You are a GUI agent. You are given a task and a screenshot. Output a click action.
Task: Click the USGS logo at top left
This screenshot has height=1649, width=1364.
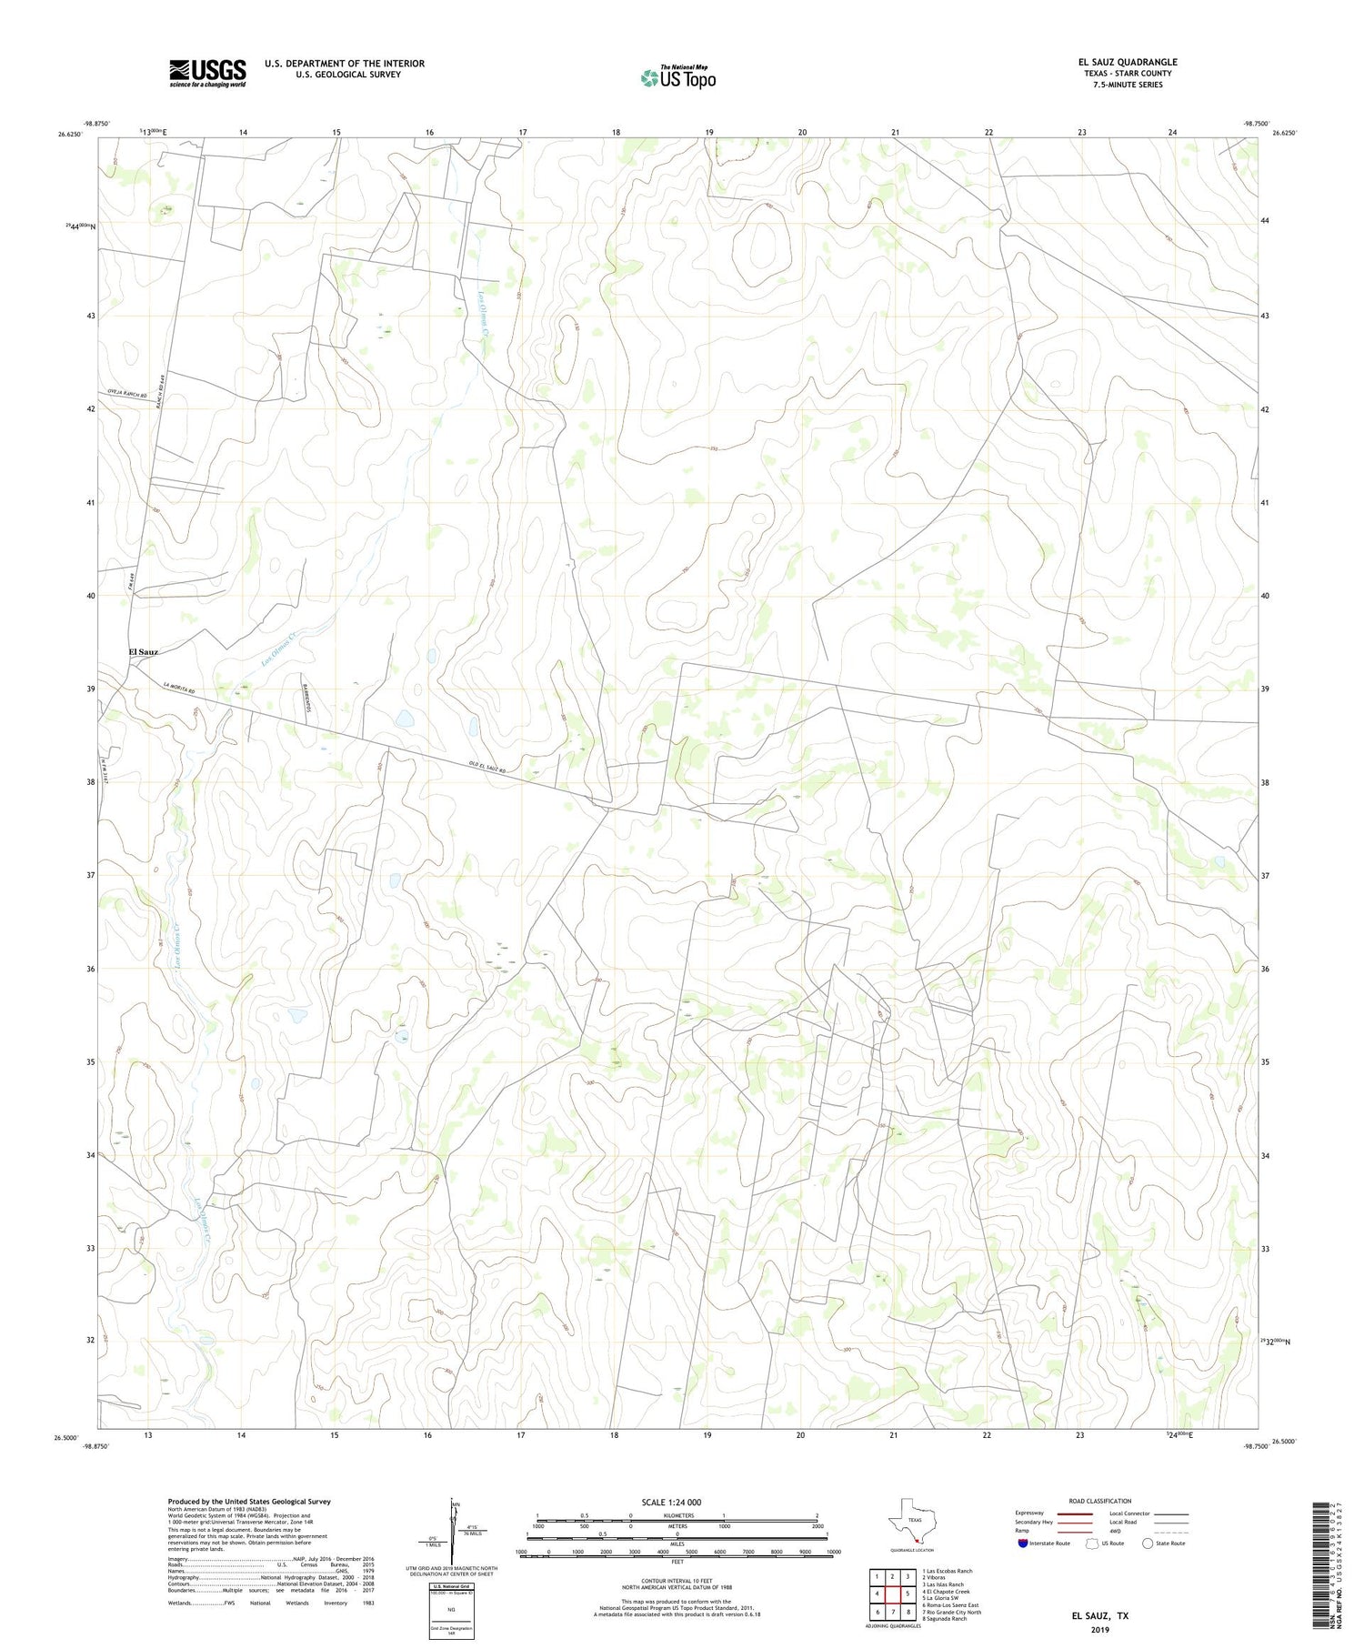pyautogui.click(x=207, y=73)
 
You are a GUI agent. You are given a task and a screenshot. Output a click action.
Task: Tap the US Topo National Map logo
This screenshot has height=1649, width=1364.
pyautogui.click(x=677, y=76)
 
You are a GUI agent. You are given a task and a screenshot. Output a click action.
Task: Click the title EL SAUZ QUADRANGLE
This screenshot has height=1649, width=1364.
pyautogui.click(x=1127, y=62)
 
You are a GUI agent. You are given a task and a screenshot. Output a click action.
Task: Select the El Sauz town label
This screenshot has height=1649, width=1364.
pyautogui.click(x=144, y=652)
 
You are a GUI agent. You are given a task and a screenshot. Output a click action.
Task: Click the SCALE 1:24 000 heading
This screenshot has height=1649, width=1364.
pyautogui.click(x=677, y=1502)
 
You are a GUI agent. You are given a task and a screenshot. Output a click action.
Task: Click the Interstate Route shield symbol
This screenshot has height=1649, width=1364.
pyautogui.click(x=1023, y=1543)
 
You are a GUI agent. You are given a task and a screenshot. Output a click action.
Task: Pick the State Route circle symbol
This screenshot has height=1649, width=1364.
pyautogui.click(x=1148, y=1543)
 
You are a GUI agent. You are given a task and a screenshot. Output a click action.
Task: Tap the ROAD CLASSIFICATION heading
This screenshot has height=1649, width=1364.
pyautogui.click(x=1100, y=1501)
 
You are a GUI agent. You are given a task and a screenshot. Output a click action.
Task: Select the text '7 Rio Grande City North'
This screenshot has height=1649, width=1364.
pyautogui.click(x=951, y=1612)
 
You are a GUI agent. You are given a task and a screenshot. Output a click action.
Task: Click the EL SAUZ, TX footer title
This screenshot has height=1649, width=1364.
pyautogui.click(x=1100, y=1616)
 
